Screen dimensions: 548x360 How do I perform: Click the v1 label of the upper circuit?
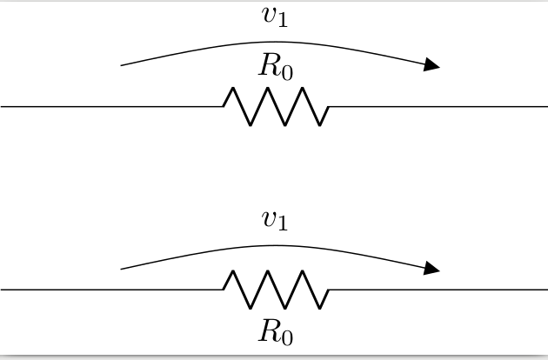[x=275, y=17]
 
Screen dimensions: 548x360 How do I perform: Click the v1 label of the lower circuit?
[x=275, y=220]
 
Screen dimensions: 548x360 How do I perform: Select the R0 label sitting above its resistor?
[x=276, y=66]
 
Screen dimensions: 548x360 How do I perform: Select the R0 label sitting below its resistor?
[x=276, y=331]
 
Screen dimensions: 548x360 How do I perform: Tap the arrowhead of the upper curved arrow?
[x=431, y=64]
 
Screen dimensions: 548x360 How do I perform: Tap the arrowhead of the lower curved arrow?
[x=431, y=269]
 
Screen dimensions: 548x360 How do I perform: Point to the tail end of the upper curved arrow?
[x=121, y=65]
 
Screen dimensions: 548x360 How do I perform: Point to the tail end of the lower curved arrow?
[x=121, y=269]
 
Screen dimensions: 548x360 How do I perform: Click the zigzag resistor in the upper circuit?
[x=276, y=106]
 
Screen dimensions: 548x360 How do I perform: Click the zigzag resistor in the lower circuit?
[x=276, y=290]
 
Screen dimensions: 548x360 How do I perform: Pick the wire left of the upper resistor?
[x=112, y=106]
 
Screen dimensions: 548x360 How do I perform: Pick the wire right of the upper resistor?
[x=438, y=106]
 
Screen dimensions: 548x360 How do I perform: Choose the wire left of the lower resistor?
[x=112, y=290]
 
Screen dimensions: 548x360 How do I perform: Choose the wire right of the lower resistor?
[x=438, y=290]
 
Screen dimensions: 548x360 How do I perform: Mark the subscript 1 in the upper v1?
[x=283, y=21]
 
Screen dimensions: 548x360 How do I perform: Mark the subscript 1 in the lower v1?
[x=283, y=224]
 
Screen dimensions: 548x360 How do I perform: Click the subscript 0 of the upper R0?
[x=287, y=73]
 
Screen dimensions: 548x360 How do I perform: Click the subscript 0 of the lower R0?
[x=287, y=338]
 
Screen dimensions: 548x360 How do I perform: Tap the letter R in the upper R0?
[x=270, y=64]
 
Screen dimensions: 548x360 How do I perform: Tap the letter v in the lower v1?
[x=269, y=218]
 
